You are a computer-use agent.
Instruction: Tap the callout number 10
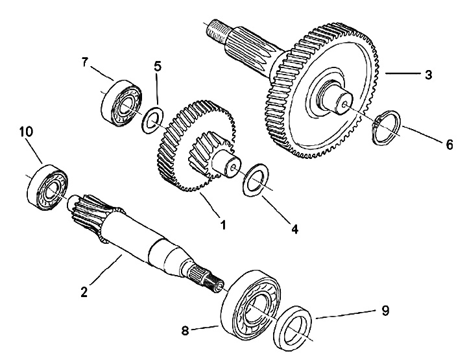[26, 132]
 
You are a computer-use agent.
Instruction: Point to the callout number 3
[429, 75]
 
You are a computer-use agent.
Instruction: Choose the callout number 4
[294, 228]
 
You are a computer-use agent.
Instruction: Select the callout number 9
[385, 311]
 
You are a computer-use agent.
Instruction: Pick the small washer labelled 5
[153, 120]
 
